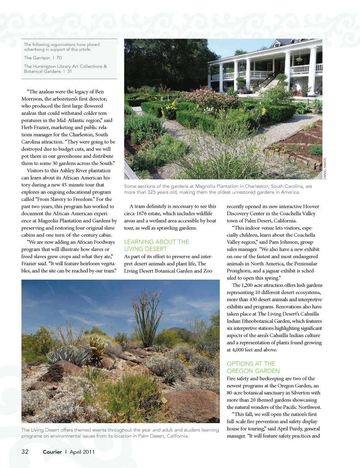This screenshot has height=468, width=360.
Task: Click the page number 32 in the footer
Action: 25,451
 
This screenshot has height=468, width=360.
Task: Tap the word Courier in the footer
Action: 52,452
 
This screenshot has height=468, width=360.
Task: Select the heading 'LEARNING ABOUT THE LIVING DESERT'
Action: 156,245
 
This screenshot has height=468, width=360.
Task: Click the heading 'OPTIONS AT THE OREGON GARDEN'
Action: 253,367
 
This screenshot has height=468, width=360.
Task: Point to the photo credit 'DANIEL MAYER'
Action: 325,169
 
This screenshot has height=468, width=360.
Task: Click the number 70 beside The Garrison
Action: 59,58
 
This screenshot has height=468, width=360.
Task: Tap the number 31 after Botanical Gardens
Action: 70,71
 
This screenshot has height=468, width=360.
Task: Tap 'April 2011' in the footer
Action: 82,452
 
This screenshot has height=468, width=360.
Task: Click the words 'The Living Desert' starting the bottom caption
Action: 39,430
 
